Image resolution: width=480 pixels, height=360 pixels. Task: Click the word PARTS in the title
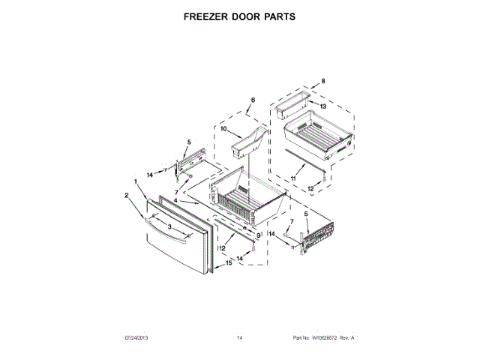pyautogui.click(x=275, y=15)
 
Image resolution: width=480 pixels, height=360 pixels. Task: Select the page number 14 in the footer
pyautogui.click(x=239, y=338)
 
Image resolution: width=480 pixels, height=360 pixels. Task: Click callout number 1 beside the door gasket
pyautogui.click(x=136, y=181)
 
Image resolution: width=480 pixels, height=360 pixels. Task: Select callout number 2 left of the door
pyautogui.click(x=127, y=196)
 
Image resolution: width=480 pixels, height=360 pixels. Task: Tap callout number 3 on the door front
pyautogui.click(x=169, y=226)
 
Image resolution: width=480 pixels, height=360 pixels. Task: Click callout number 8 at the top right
pyautogui.click(x=323, y=81)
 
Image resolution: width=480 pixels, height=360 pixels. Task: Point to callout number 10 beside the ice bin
pyautogui.click(x=223, y=129)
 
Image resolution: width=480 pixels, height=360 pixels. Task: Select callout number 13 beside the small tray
pyautogui.click(x=323, y=106)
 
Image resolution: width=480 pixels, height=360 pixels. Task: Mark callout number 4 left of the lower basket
pyautogui.click(x=176, y=201)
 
